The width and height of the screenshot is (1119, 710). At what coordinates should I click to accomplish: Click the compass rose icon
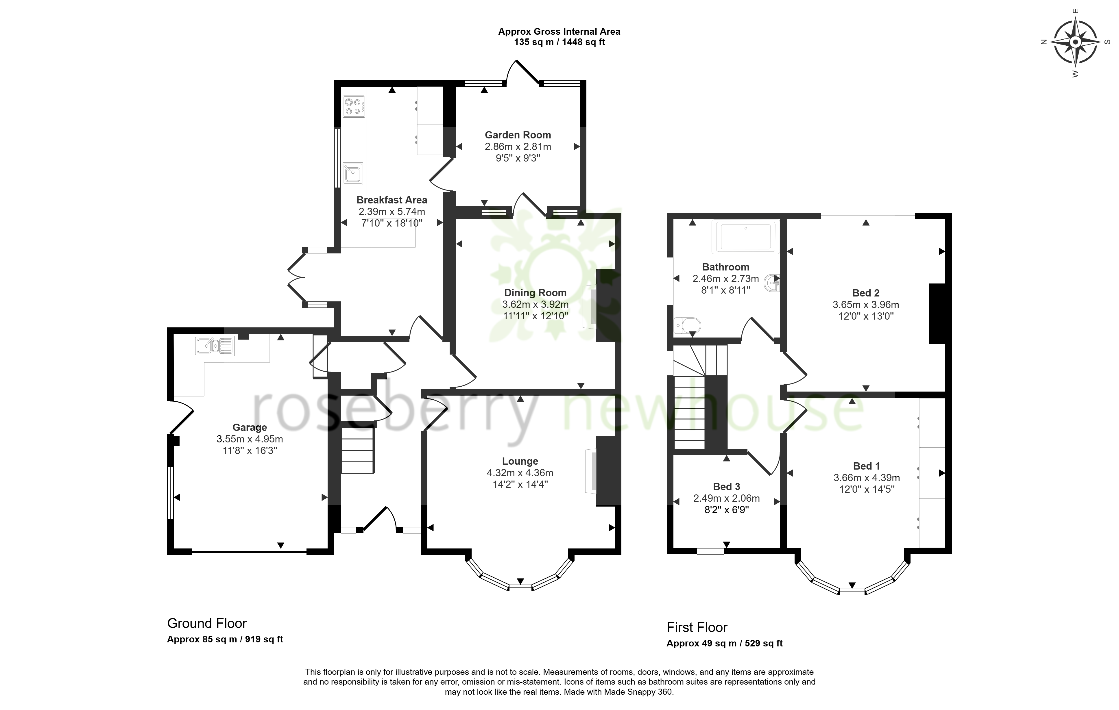tap(1074, 42)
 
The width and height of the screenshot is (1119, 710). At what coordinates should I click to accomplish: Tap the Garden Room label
tap(518, 135)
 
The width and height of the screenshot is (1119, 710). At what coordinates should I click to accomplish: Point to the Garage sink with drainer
tap(215, 346)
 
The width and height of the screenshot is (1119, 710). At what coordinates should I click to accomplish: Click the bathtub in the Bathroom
tap(746, 237)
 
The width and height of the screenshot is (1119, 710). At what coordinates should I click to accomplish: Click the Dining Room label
tap(535, 293)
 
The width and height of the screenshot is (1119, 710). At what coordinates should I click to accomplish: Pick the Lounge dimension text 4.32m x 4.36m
tap(520, 473)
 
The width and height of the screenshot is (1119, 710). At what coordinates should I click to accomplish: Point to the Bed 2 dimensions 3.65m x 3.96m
tap(866, 305)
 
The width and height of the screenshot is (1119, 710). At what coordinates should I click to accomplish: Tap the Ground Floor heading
tap(207, 623)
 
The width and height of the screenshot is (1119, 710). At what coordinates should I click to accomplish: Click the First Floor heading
tap(697, 627)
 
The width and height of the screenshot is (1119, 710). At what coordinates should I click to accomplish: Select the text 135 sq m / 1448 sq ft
tap(559, 42)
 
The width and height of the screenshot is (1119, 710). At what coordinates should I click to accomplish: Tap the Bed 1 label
tap(867, 466)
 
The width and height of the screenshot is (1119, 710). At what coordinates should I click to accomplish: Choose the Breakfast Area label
tap(392, 200)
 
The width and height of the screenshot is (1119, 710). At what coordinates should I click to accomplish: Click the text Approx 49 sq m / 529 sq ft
tap(725, 644)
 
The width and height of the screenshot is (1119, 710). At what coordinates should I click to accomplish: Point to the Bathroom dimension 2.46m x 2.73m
tap(725, 279)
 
